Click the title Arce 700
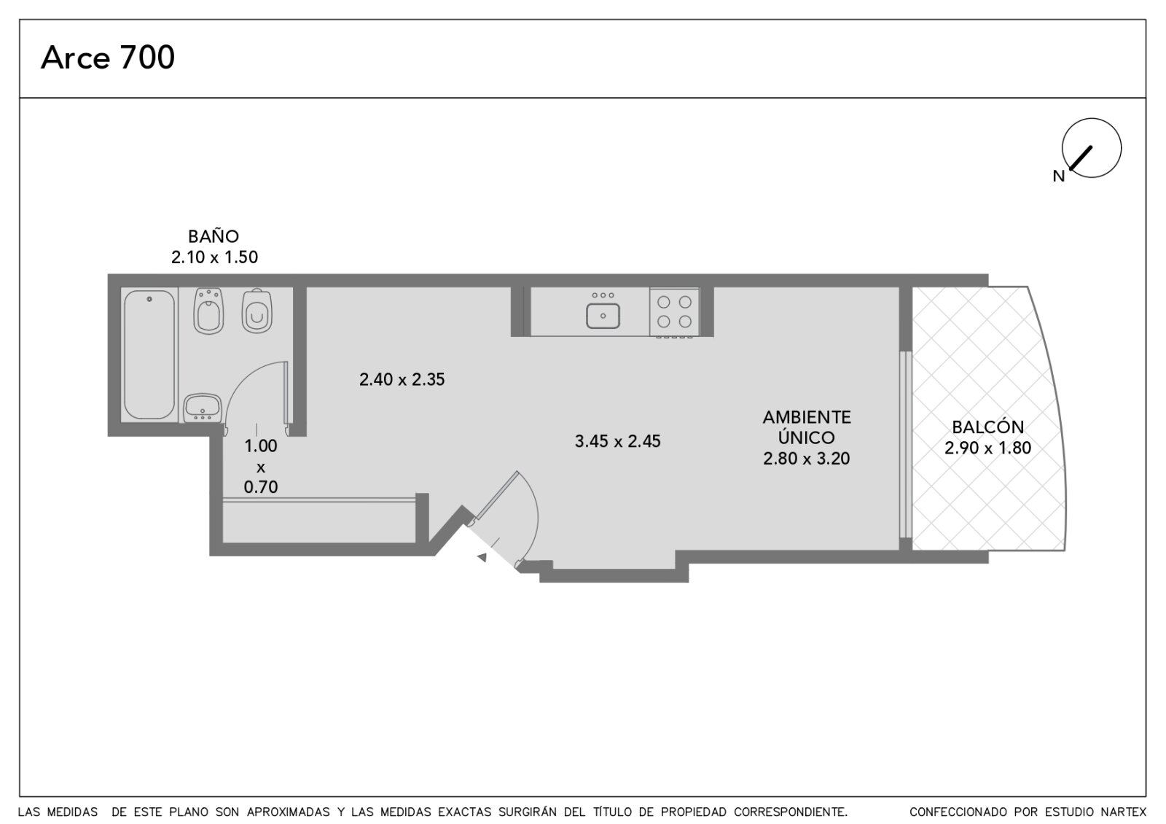[x=108, y=58]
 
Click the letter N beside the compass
[x=1058, y=176]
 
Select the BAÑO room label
[x=214, y=236]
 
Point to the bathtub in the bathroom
[x=149, y=354]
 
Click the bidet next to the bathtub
[x=208, y=311]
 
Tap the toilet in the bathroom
[x=257, y=311]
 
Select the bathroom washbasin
[x=203, y=408]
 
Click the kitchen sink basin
[x=603, y=316]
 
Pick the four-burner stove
[x=674, y=311]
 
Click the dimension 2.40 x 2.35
[x=402, y=380]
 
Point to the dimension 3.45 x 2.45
[x=617, y=441]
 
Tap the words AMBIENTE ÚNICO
[x=806, y=427]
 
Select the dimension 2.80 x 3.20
[x=806, y=459]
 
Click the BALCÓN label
[x=988, y=427]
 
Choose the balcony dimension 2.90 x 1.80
[x=988, y=448]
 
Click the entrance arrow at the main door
[x=482, y=557]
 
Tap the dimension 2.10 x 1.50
[x=214, y=257]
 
